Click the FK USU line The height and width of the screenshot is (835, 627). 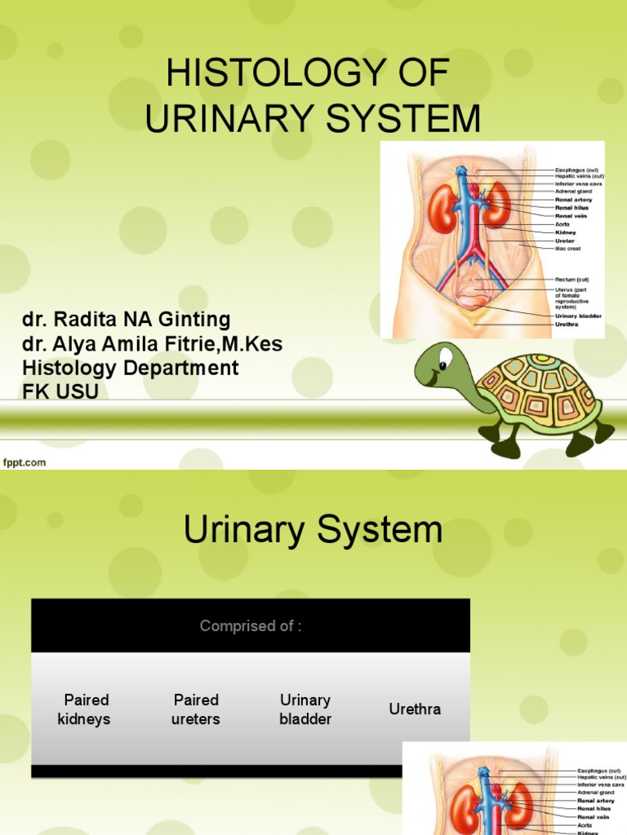point(60,391)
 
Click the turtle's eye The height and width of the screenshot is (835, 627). point(444,358)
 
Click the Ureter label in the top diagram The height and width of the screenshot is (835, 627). point(564,241)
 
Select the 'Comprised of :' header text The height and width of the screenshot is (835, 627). point(251,626)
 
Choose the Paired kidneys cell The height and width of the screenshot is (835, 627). point(83,709)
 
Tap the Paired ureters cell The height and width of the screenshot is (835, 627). point(196,709)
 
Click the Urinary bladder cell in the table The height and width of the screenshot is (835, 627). point(305,709)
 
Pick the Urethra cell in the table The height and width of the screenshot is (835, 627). point(415,709)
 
